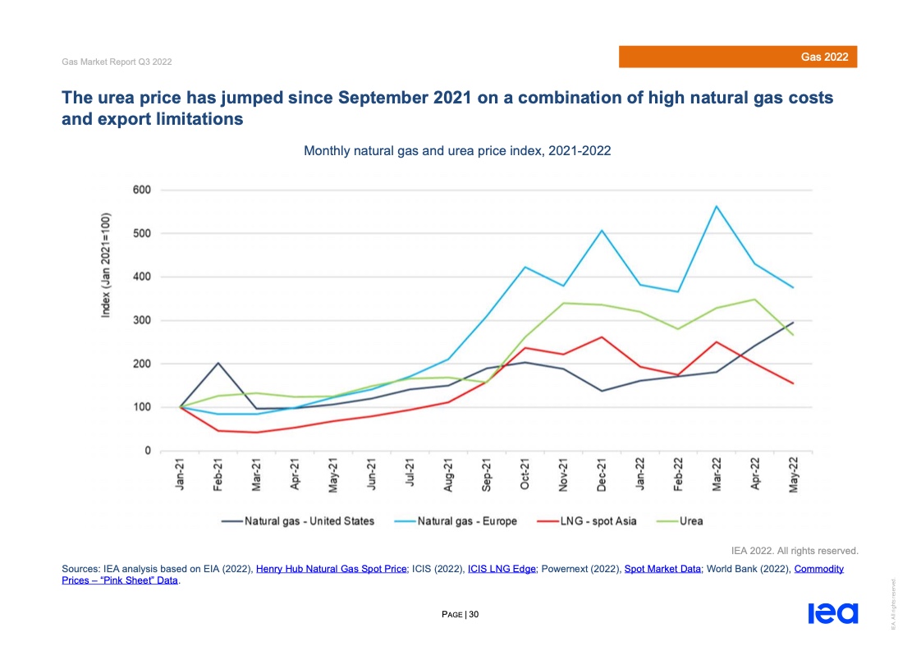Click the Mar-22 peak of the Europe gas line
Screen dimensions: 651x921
point(717,206)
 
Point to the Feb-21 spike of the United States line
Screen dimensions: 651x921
point(218,363)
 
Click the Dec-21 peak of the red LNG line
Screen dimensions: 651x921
point(601,337)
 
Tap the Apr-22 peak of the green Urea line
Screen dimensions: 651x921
point(755,300)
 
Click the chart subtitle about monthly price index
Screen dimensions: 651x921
point(457,152)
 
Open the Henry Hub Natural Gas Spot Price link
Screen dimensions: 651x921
point(332,569)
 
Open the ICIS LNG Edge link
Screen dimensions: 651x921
point(502,569)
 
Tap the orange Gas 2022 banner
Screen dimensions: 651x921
point(738,57)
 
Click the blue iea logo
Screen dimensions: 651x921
point(832,613)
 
